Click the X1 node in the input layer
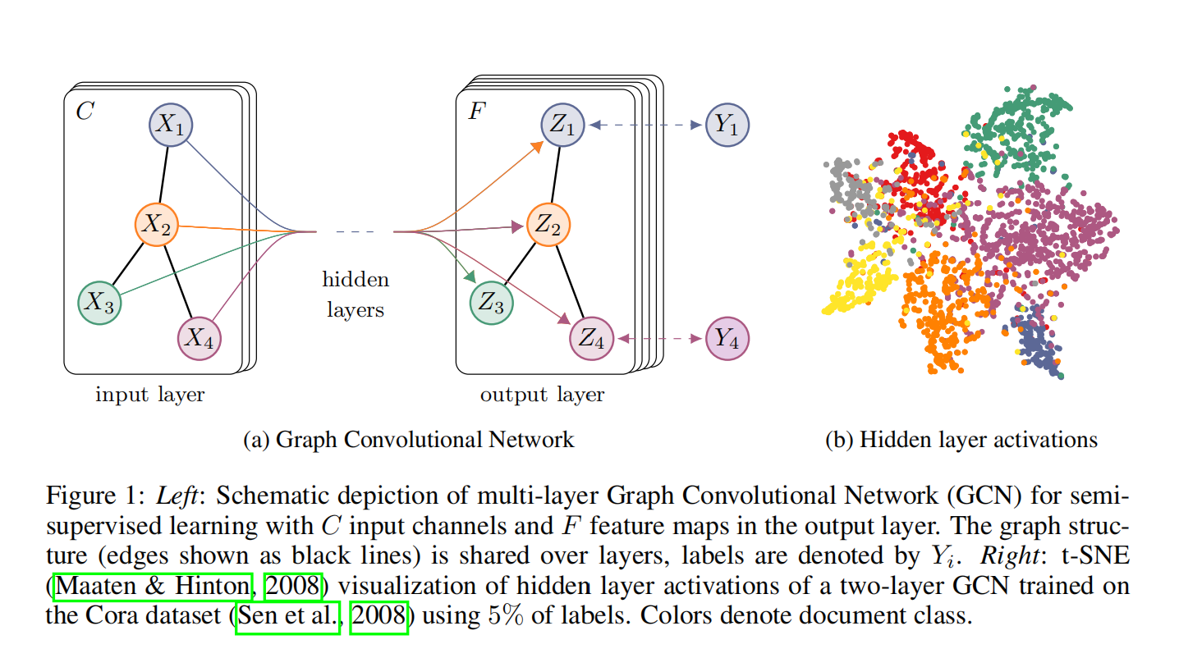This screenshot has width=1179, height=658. (x=171, y=125)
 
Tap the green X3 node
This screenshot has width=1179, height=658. (x=100, y=302)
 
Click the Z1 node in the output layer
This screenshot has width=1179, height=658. (x=563, y=125)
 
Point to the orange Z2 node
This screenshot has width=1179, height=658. (x=548, y=225)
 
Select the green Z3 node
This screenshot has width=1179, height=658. (x=492, y=302)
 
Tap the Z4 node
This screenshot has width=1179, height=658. (x=592, y=337)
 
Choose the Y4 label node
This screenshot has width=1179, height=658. (x=727, y=337)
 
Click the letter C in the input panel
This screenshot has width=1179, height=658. (x=84, y=112)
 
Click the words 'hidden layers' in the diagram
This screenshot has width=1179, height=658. (x=356, y=295)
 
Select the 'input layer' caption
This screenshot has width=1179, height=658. (x=150, y=395)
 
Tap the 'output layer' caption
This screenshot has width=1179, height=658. (x=542, y=395)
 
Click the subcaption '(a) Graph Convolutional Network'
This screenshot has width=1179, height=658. (x=409, y=439)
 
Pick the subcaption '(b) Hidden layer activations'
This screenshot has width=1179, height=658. (x=961, y=439)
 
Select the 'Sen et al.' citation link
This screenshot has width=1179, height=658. (x=287, y=616)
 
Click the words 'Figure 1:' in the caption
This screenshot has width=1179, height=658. (x=92, y=496)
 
